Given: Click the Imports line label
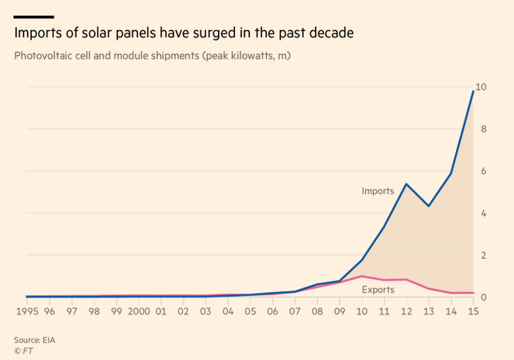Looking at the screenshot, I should point(377,191).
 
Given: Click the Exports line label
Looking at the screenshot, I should point(378,290).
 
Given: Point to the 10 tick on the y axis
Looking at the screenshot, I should point(481,87).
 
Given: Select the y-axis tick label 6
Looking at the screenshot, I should point(484,171).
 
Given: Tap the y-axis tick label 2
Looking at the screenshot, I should point(484,255).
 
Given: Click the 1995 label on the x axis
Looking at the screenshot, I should point(27,312).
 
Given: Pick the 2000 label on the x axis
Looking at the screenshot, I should point(138,312).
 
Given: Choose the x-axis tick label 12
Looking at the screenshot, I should point(406,312).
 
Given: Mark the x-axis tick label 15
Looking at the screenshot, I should point(473,312).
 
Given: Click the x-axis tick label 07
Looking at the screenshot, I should point(295,312).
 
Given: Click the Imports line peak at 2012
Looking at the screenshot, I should point(406,184).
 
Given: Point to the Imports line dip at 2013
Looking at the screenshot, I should point(428,206).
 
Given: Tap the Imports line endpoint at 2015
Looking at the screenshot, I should point(473,91).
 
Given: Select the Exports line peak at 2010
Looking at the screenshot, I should point(361,276).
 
